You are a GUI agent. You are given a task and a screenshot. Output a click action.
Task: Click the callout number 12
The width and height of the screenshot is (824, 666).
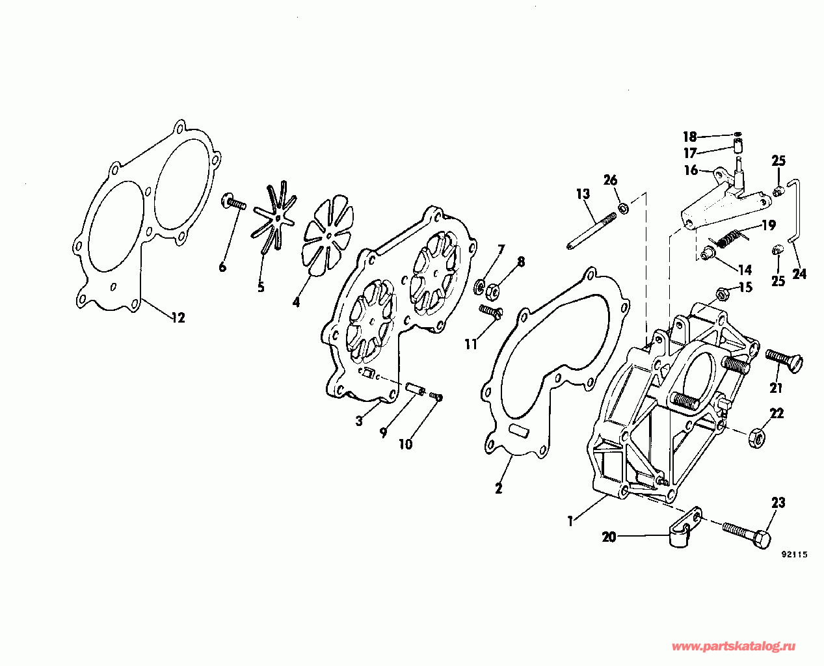pos(178,318)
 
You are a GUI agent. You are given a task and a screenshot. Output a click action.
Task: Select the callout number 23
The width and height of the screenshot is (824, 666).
pos(778,503)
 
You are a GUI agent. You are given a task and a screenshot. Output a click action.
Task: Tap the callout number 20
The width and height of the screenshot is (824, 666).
pos(609,537)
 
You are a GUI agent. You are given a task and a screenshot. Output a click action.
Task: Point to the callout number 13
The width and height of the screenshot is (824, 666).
pos(582,194)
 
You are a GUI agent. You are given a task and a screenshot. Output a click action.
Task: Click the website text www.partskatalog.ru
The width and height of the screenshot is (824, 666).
pos(734,646)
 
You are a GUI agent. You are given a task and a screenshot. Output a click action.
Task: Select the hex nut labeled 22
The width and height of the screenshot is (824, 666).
pos(756,438)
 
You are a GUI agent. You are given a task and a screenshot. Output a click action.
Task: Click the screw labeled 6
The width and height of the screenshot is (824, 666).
pos(235,204)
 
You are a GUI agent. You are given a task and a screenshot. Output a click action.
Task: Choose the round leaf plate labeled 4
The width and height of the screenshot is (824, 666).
pos(329,237)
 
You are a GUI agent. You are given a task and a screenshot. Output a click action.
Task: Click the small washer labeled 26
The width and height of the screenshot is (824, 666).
pos(622,207)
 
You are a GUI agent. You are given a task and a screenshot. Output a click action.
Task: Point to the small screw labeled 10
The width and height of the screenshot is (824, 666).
pos(436,396)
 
